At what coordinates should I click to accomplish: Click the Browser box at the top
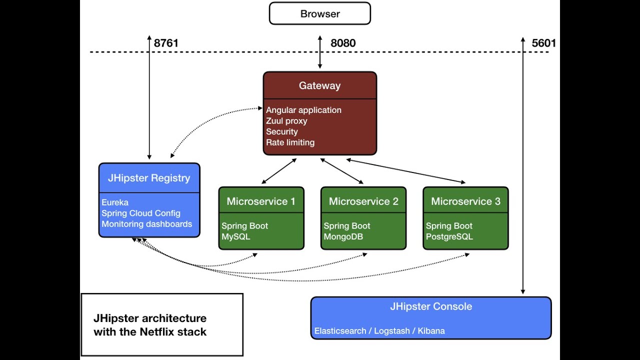(320, 13)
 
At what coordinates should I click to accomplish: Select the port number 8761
(166, 43)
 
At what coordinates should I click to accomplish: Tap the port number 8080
(343, 43)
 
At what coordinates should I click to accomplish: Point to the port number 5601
(543, 43)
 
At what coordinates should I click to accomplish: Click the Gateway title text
(319, 85)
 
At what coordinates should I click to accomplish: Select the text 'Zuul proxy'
(286, 121)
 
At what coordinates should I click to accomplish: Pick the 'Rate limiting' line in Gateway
(290, 142)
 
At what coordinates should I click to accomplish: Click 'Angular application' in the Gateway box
(303, 110)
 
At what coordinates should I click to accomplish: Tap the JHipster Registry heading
(149, 178)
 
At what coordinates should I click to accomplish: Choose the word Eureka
(115, 202)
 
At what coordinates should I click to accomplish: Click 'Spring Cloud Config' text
(141, 213)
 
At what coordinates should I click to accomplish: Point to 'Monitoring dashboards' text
(146, 224)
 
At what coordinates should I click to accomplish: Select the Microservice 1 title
(261, 201)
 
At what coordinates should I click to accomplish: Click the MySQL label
(235, 236)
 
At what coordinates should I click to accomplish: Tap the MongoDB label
(343, 236)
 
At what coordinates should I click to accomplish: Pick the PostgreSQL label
(449, 236)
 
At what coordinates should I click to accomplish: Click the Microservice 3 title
(465, 201)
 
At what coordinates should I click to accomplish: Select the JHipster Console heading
(431, 306)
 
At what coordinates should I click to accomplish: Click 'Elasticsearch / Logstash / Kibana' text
(379, 331)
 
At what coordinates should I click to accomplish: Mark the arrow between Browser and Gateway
(320, 52)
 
